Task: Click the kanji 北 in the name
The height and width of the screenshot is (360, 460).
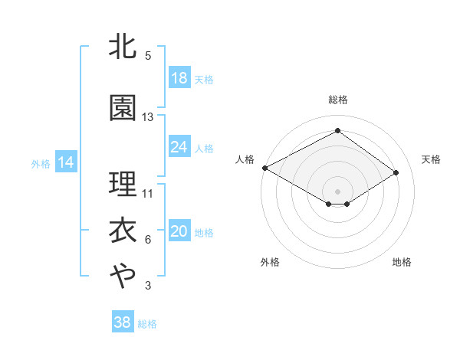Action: coord(123,47)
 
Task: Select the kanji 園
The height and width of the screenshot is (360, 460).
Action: coord(123,108)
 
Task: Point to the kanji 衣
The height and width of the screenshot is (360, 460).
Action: coord(123,231)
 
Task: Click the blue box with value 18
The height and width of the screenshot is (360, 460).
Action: coord(179,78)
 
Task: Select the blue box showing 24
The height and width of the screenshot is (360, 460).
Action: coord(179,147)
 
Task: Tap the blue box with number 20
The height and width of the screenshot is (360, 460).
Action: coord(179,232)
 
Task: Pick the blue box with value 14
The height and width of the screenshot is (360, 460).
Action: coord(65,162)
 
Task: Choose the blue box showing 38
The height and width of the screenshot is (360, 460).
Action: coord(123,322)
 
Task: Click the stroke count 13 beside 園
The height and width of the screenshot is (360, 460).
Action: coord(148,117)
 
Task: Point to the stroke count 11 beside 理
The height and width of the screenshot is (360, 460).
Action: coord(148,193)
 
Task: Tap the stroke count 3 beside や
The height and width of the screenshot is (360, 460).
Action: coord(148,286)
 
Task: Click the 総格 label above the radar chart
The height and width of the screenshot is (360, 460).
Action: coord(337,100)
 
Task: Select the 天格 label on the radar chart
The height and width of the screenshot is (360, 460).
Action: coord(431,159)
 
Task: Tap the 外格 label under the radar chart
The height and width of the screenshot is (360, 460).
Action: coord(270,263)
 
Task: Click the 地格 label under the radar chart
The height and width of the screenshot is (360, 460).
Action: coord(402,263)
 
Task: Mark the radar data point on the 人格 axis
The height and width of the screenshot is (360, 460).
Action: coord(264,168)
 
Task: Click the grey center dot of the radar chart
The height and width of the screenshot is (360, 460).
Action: coord(337,191)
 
